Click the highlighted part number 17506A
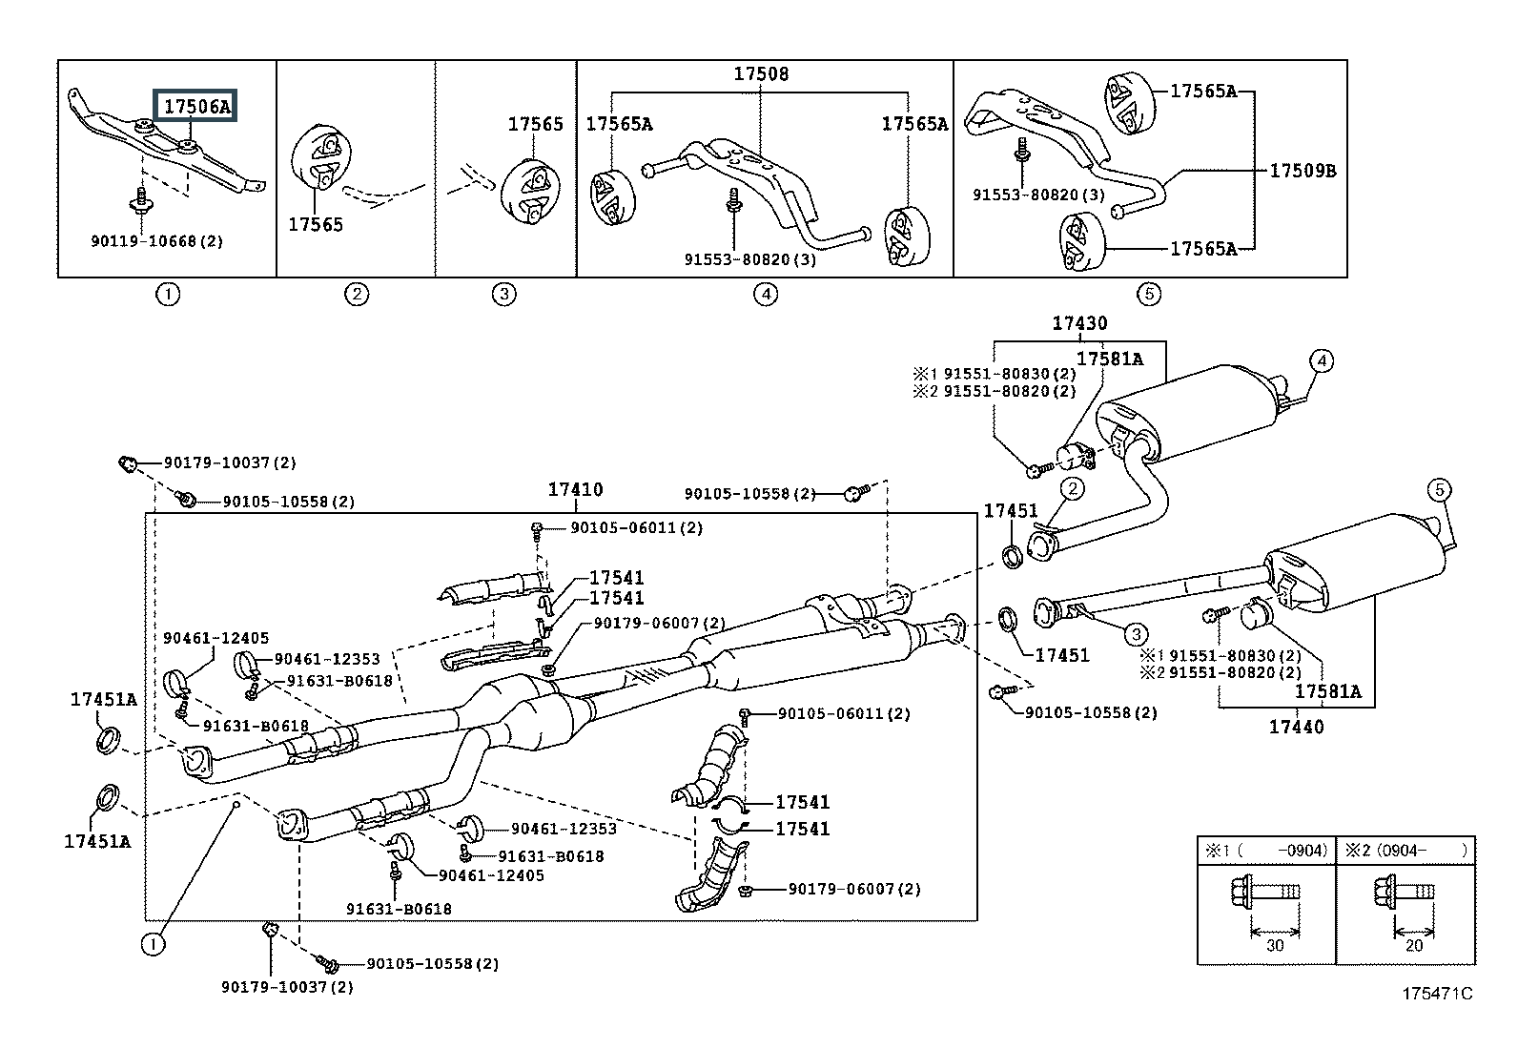[x=196, y=106]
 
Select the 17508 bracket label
[x=761, y=73]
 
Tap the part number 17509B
[x=1303, y=172]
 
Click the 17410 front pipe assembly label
[x=575, y=490]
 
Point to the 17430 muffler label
[x=1079, y=323]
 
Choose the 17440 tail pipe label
[x=1296, y=727]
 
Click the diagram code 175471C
[x=1436, y=994]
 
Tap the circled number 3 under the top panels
[x=503, y=295]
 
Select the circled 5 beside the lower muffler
[x=1439, y=491]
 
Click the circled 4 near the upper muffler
[x=1321, y=360]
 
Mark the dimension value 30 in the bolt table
[x=1275, y=945]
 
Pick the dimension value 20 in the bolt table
[x=1414, y=945]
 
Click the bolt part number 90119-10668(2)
[x=156, y=241]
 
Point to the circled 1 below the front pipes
[x=153, y=945]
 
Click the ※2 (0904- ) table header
[x=1406, y=850]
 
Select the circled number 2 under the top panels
[x=356, y=295]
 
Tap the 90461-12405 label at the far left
[x=215, y=638]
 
